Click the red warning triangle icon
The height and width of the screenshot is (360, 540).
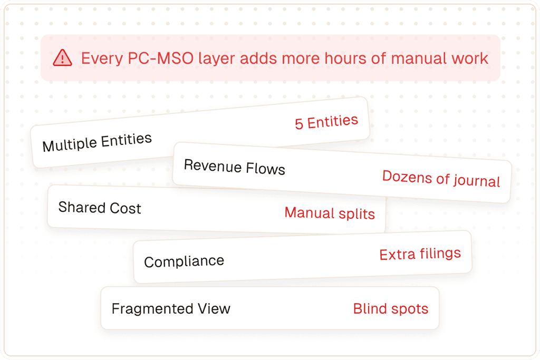click(x=62, y=58)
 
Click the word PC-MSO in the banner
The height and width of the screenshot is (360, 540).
click(x=160, y=58)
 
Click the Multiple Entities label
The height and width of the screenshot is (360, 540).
click(x=97, y=142)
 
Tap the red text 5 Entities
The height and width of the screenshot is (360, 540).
click(x=326, y=122)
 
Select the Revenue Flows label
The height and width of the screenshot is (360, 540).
click(x=235, y=167)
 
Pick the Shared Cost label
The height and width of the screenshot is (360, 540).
click(x=100, y=208)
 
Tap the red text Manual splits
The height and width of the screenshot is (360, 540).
click(x=330, y=213)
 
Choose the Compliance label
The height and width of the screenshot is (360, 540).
click(x=184, y=261)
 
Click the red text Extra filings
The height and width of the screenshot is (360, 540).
click(x=420, y=254)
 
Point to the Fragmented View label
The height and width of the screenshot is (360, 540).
click(x=171, y=308)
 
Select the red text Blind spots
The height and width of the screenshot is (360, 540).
click(x=391, y=309)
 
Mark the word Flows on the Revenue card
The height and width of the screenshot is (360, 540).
click(x=266, y=169)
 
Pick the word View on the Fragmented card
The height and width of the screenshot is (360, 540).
click(x=214, y=308)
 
